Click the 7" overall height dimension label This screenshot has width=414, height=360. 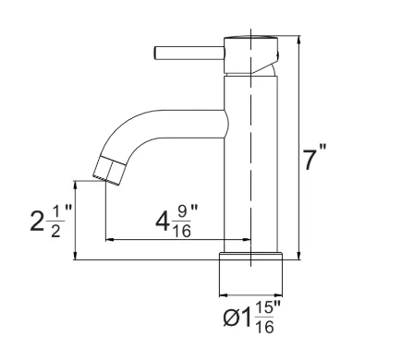314,158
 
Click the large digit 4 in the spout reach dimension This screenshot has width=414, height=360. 163,222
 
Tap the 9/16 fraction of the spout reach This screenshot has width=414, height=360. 181,221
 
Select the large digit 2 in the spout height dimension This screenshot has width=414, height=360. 37,222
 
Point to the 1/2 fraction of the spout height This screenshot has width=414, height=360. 55,222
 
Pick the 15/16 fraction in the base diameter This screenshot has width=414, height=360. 264,318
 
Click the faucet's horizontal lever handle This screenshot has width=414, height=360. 189,53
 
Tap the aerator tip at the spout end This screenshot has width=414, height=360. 109,171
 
